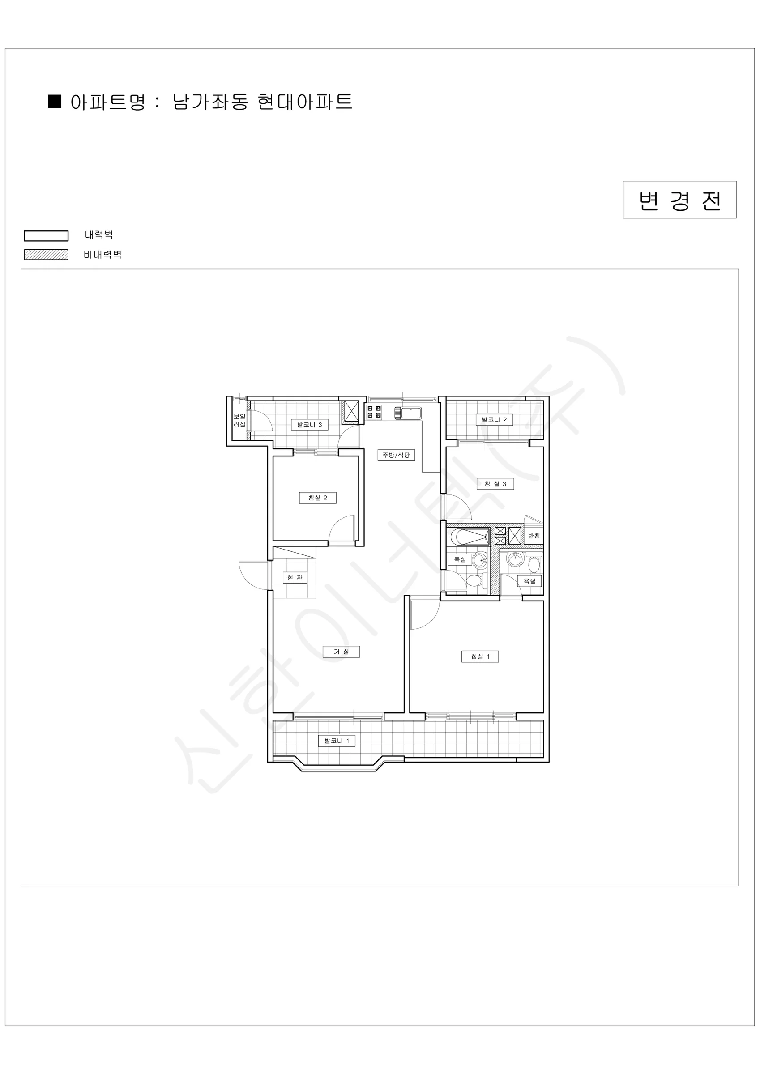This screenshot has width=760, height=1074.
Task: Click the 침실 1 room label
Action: click(x=480, y=656)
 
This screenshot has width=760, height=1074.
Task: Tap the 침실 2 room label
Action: click(x=318, y=498)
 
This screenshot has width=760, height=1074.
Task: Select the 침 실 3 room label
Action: click(x=495, y=484)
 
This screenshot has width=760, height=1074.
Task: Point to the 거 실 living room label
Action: click(x=341, y=652)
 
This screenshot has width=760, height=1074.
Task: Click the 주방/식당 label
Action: click(x=396, y=455)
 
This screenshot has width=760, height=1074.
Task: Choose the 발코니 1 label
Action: click(x=337, y=741)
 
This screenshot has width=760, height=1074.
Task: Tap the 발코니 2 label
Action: click(x=494, y=420)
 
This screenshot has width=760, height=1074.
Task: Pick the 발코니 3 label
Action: click(x=309, y=425)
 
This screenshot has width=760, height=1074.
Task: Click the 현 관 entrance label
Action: click(x=295, y=578)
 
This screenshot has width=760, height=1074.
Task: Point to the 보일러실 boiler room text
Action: click(x=239, y=421)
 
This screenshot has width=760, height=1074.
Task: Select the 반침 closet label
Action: click(x=534, y=536)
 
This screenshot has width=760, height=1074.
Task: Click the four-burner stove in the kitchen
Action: click(x=374, y=412)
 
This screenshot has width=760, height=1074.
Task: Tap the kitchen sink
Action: click(x=408, y=413)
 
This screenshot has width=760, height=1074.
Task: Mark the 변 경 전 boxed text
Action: click(x=679, y=200)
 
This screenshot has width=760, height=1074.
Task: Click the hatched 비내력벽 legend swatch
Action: click(x=47, y=255)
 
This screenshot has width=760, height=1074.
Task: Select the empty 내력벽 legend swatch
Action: click(x=47, y=235)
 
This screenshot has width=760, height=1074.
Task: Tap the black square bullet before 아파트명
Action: click(x=55, y=101)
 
